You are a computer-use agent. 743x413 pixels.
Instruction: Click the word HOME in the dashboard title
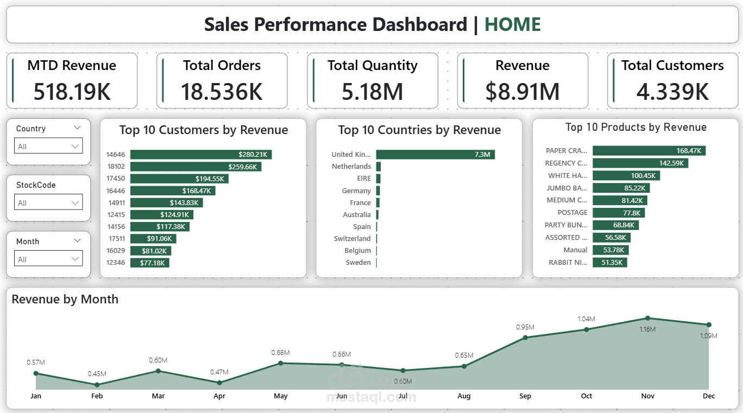click(x=512, y=24)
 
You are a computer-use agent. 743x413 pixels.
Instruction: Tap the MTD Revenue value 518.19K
click(x=72, y=91)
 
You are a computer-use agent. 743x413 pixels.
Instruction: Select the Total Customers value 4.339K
click(x=672, y=91)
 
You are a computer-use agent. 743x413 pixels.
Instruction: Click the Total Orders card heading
click(x=222, y=66)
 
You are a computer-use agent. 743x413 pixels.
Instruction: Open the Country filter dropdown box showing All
click(x=48, y=147)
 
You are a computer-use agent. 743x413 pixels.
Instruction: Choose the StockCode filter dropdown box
click(x=48, y=203)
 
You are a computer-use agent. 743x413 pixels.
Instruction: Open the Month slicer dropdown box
click(x=48, y=259)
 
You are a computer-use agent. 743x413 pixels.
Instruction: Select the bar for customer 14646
click(x=200, y=155)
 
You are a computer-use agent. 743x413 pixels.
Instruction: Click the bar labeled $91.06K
click(x=153, y=239)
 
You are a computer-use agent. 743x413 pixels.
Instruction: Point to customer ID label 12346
click(x=116, y=263)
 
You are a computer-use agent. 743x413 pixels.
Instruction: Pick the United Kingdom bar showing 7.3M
click(x=435, y=155)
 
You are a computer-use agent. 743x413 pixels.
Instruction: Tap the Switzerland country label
click(x=352, y=239)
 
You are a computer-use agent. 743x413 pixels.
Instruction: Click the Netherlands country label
click(x=351, y=167)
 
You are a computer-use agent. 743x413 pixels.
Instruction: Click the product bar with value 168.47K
click(x=648, y=151)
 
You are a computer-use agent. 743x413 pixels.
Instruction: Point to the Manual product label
click(x=575, y=250)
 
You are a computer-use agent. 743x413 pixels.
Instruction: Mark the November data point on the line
click(x=647, y=318)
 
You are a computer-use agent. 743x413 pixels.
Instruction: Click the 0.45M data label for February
click(x=97, y=374)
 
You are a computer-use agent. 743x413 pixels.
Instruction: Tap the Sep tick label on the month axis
click(x=525, y=396)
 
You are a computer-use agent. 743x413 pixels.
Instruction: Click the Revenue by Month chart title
click(x=65, y=299)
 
